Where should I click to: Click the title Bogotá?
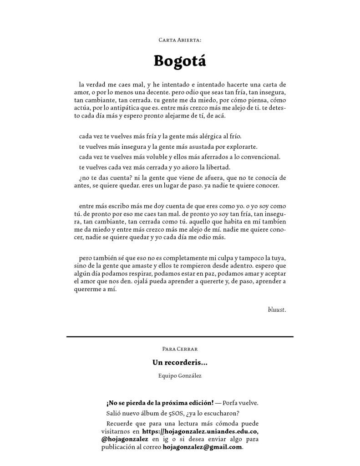click(x=180, y=61)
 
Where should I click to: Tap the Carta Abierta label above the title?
click(x=180, y=40)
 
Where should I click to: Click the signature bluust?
click(x=277, y=310)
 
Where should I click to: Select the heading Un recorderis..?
click(x=180, y=363)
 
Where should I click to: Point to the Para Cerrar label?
click(x=180, y=349)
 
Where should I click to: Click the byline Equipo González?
click(x=180, y=376)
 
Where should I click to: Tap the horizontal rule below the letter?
click(x=180, y=336)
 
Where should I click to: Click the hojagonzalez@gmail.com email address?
click(x=203, y=447)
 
